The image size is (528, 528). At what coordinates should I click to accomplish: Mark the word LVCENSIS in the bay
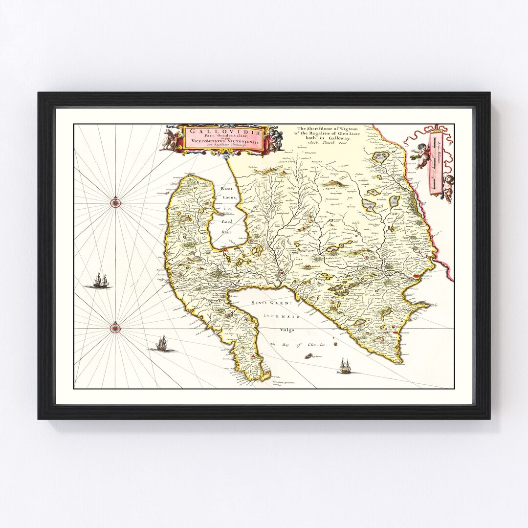(282, 317)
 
